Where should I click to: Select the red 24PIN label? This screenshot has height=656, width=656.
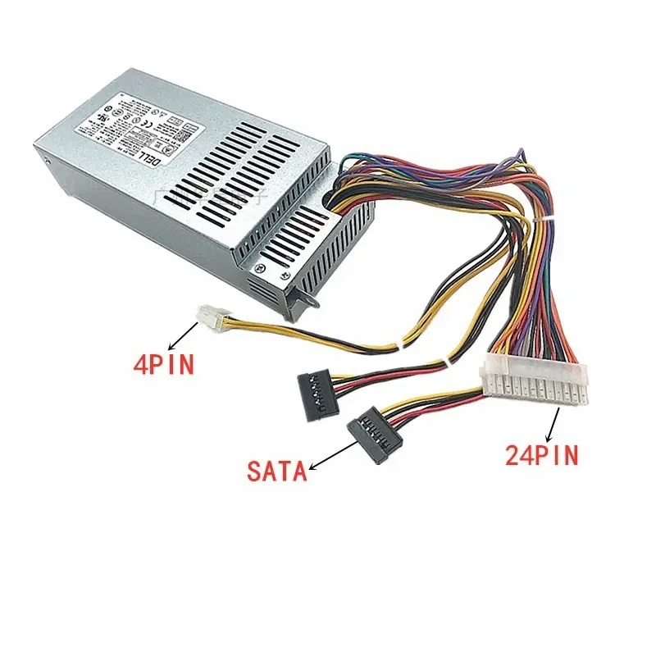click(x=542, y=455)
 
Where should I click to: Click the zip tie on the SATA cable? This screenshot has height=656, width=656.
click(x=445, y=362)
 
